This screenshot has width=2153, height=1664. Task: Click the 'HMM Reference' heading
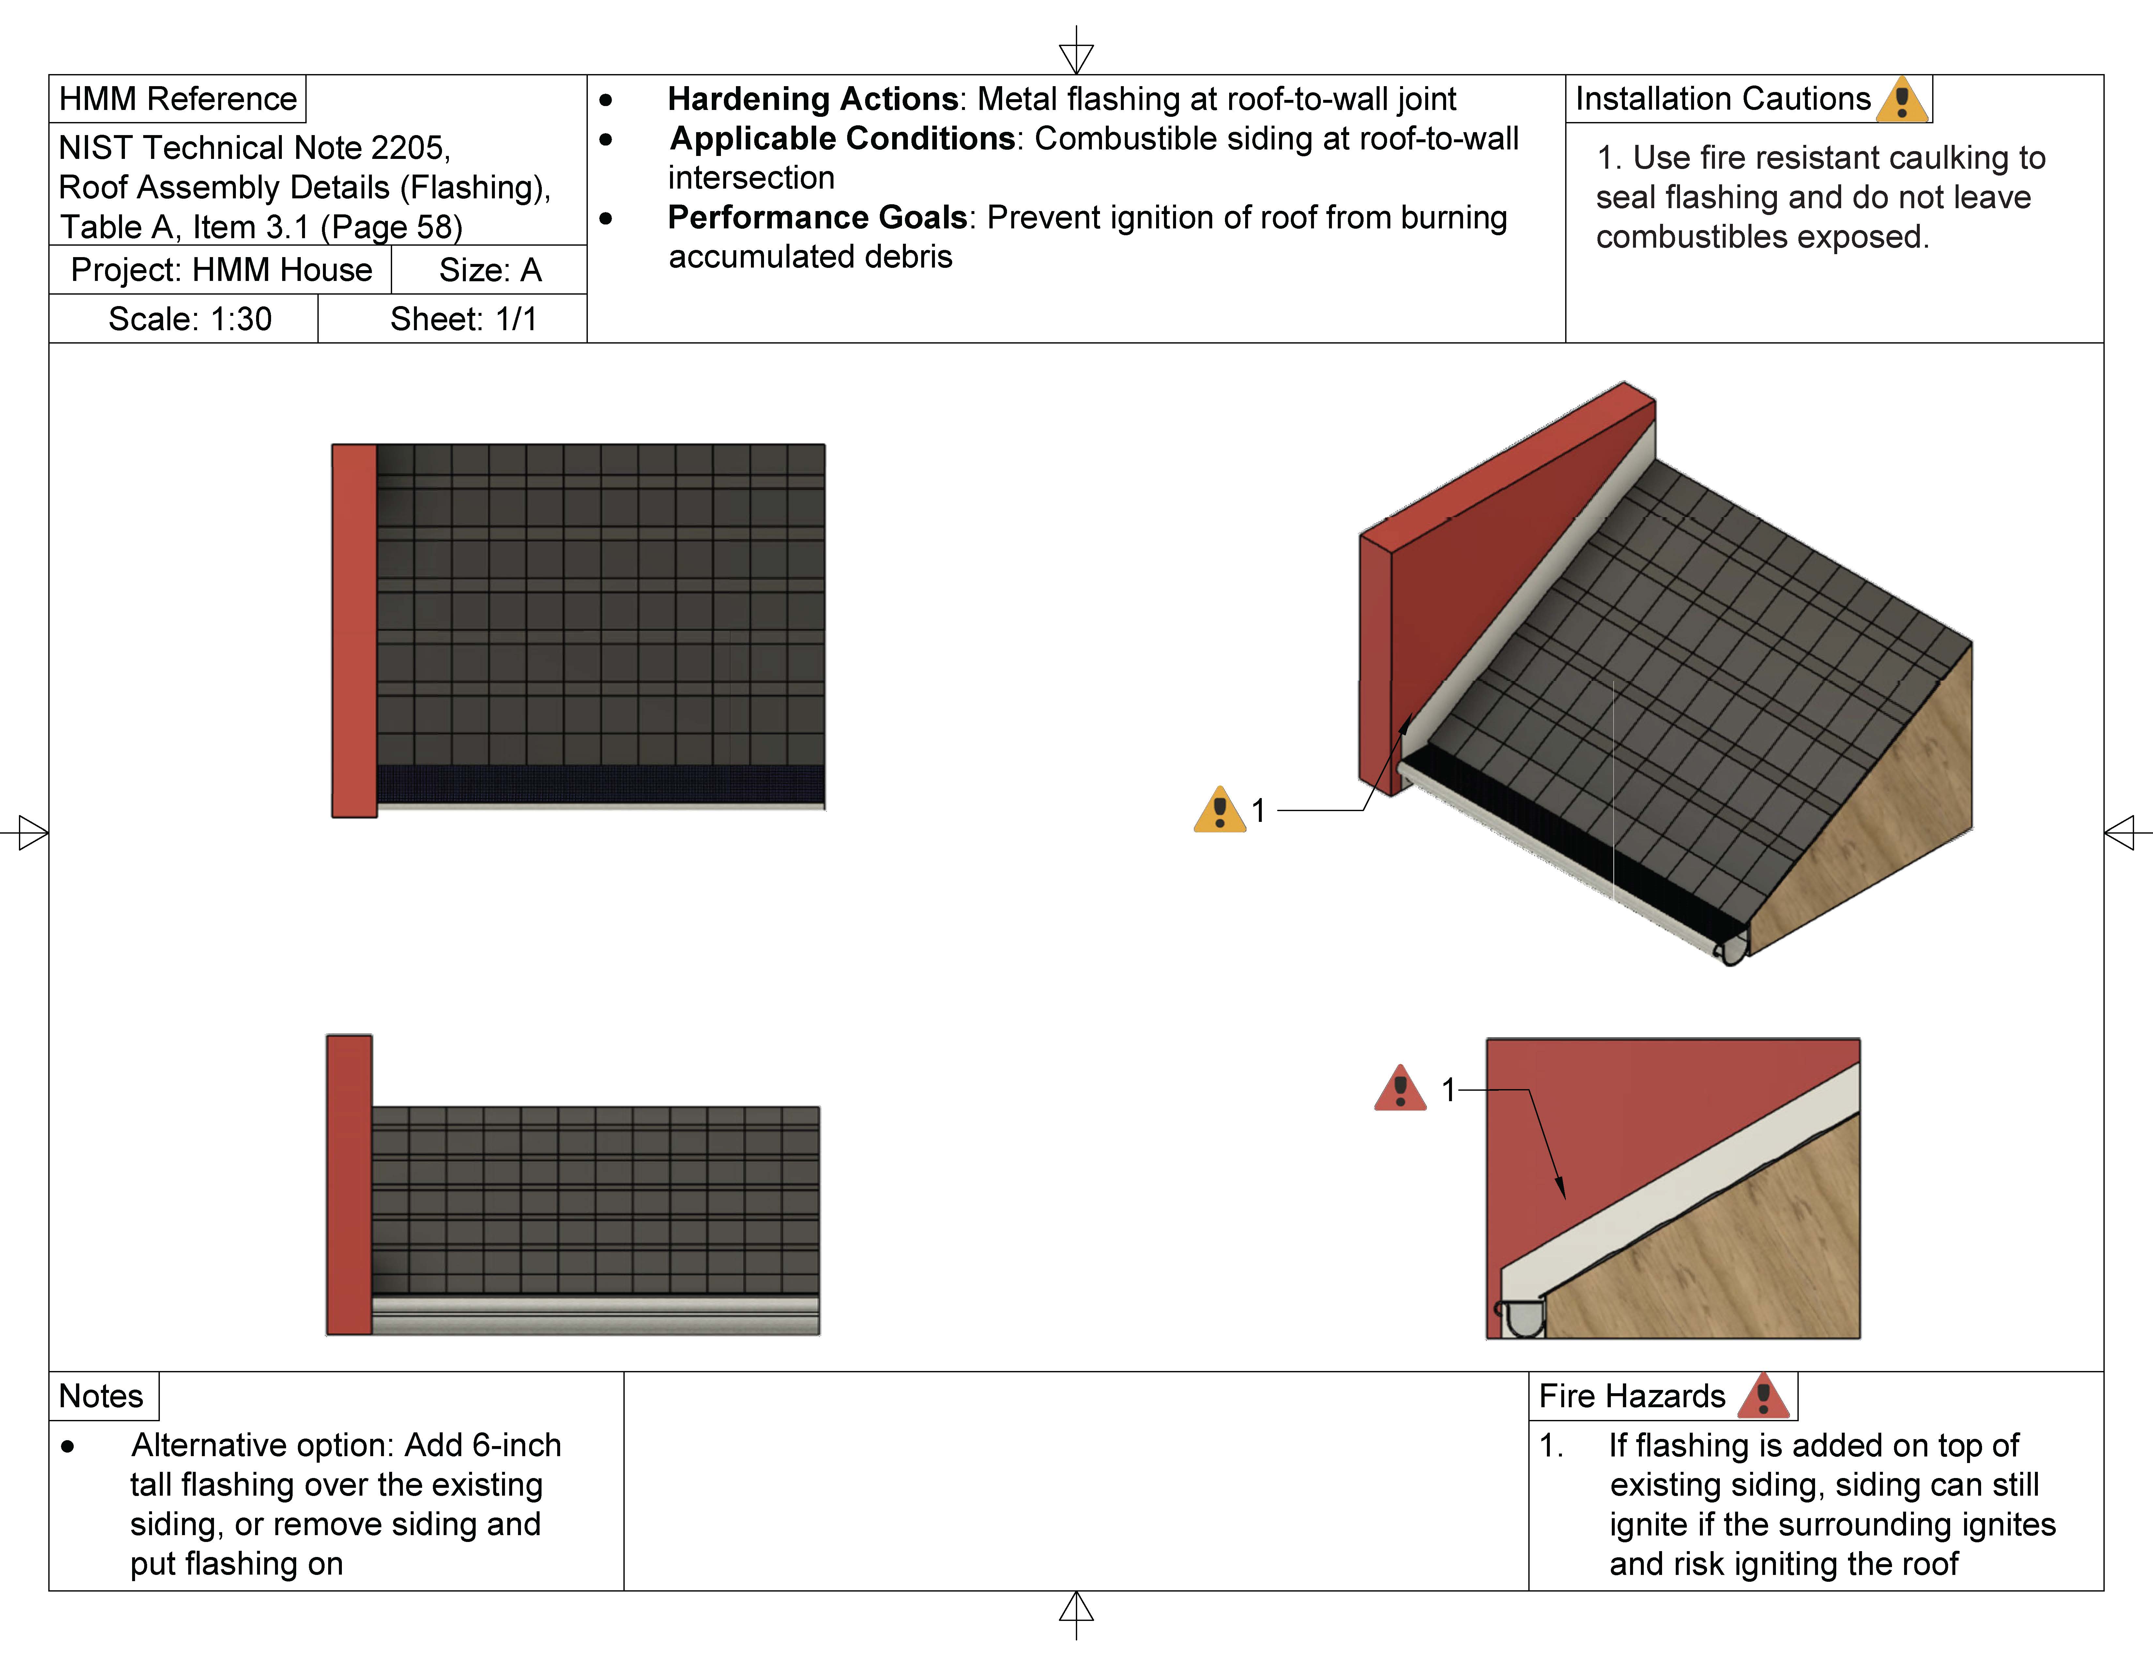click(177, 99)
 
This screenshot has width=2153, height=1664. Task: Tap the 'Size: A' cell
click(490, 270)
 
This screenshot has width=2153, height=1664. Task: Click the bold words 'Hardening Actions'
click(812, 99)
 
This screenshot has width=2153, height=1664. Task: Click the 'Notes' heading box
click(101, 1396)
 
